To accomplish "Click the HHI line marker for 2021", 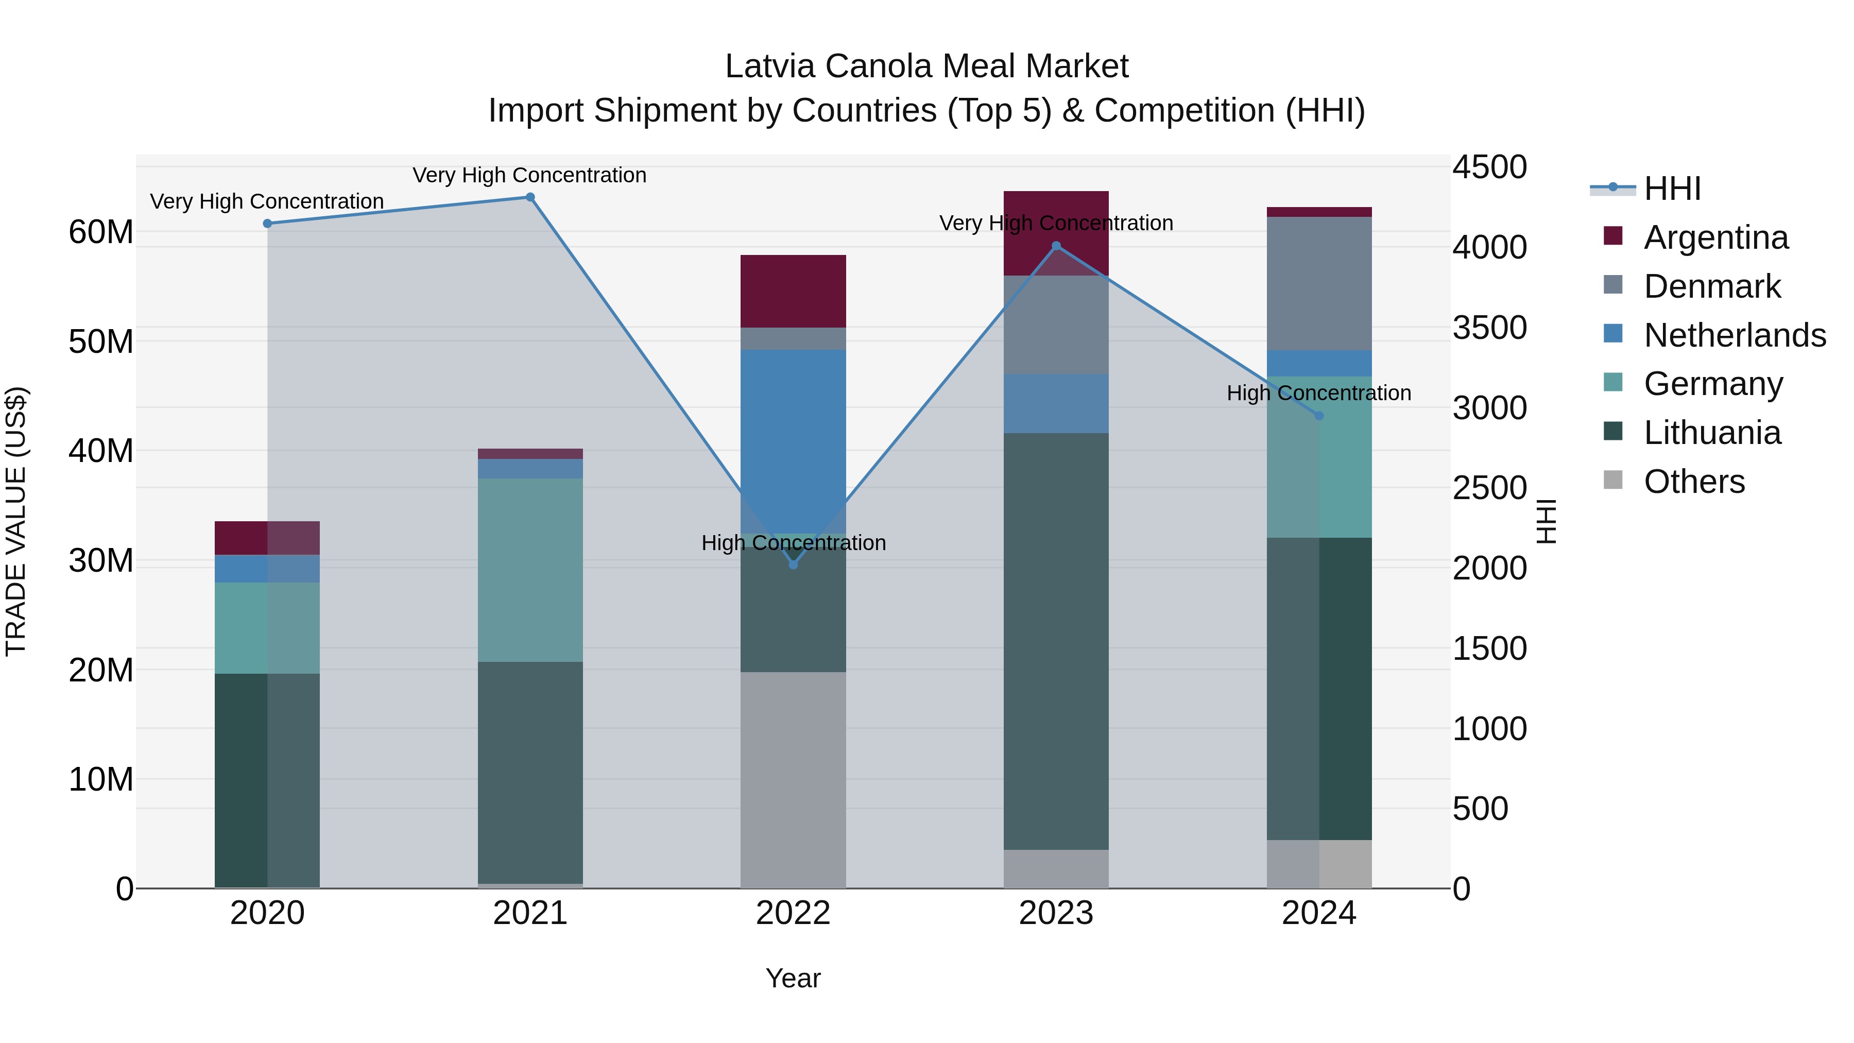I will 530,197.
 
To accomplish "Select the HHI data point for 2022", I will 793,565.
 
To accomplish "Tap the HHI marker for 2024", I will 1318,415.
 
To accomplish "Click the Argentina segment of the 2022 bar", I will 793,292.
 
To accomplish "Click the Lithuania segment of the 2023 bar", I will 1056,641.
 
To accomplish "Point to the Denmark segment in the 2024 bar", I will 1318,284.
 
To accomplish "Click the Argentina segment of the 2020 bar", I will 267,538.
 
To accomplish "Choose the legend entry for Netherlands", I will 1735,335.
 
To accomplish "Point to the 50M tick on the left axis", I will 101,341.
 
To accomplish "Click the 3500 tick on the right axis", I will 1489,328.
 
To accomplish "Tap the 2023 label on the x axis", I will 1056,913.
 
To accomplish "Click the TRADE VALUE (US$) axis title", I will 16,521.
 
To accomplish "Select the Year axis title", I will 793,978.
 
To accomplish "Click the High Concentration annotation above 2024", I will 1318,393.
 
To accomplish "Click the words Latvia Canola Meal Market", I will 926,66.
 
